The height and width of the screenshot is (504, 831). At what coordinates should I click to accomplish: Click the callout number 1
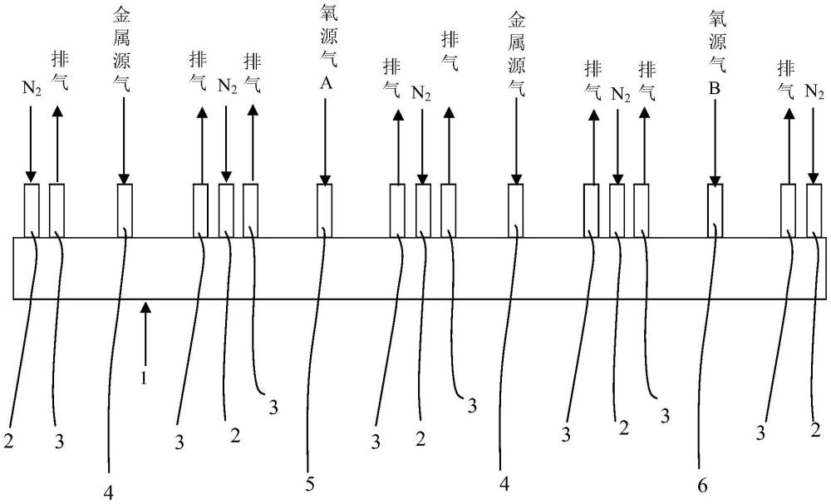[143, 378]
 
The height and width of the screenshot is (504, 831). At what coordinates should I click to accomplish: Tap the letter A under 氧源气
[326, 83]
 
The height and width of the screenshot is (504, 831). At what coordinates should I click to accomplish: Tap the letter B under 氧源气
[715, 88]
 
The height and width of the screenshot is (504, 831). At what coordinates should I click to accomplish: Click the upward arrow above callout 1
[145, 333]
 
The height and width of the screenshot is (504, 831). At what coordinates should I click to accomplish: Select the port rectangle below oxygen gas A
[324, 210]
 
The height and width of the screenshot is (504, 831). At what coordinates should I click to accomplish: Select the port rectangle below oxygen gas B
[715, 210]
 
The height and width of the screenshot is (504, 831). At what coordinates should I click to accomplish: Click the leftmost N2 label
[32, 88]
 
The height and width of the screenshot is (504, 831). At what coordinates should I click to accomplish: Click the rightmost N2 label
[814, 91]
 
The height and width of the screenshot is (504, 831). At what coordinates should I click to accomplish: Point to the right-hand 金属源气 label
[516, 55]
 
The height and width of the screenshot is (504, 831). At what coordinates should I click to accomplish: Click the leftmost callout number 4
[108, 493]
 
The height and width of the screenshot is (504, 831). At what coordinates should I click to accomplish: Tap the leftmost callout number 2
[8, 440]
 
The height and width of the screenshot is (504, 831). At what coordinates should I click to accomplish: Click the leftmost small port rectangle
[32, 210]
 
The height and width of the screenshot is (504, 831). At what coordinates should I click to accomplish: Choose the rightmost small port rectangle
[814, 210]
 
